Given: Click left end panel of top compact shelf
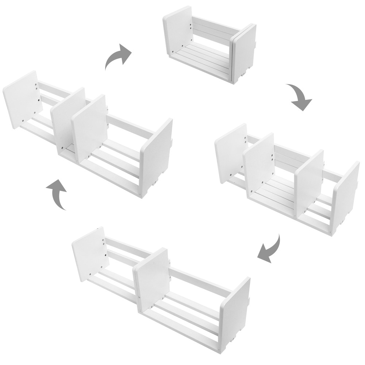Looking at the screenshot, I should (178, 31).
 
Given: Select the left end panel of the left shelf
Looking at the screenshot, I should (21, 99).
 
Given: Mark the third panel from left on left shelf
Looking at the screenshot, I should (89, 128).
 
